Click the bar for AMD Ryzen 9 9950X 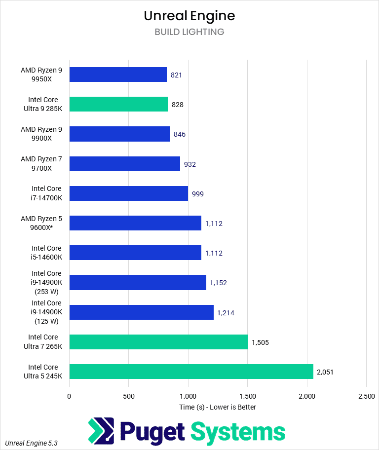point(118,75)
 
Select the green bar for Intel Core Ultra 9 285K point(118,104)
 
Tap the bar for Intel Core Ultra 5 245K point(191,372)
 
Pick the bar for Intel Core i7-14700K point(128,193)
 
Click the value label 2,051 point(325,372)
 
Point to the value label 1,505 point(260,342)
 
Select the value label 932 point(190,164)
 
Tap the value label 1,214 point(226,312)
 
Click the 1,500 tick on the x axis point(247,396)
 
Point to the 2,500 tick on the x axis point(366,396)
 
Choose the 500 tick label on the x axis point(128,396)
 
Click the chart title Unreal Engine point(189,16)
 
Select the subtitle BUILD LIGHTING point(189,32)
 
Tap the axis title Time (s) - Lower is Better point(218,407)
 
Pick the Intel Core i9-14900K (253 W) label point(46,283)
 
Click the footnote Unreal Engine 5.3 point(32,443)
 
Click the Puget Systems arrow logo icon point(101,431)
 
